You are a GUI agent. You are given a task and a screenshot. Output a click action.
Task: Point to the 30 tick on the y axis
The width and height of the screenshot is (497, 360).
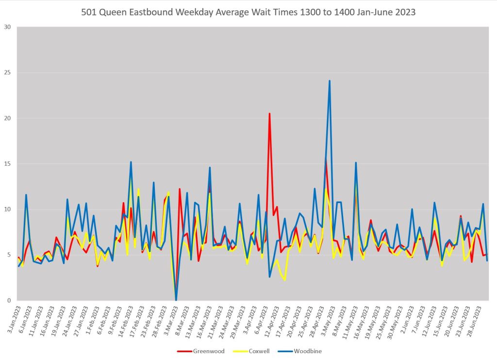tap(8, 27)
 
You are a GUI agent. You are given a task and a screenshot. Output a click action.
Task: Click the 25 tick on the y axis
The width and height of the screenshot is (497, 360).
tap(8, 73)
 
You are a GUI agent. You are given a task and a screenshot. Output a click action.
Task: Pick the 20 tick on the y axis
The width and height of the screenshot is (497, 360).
tap(8, 119)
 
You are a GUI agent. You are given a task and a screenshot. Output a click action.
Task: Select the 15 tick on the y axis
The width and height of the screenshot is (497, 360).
tap(8, 164)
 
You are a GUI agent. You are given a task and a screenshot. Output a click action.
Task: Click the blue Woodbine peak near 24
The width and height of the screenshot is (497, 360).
tap(330, 81)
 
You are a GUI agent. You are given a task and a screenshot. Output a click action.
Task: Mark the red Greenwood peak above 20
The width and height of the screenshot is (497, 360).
tap(269, 114)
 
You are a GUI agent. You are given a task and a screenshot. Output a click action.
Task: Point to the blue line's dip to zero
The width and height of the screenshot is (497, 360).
tap(176, 300)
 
